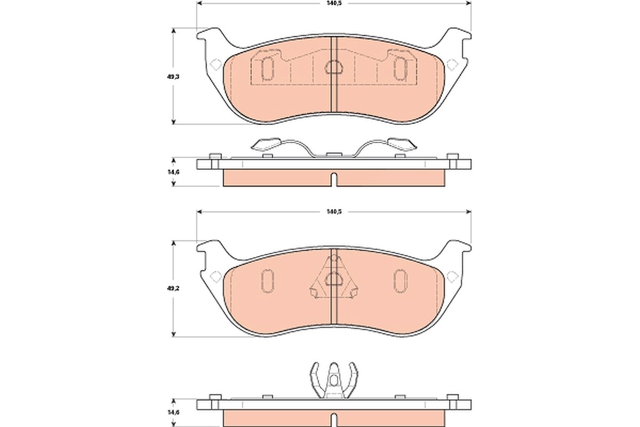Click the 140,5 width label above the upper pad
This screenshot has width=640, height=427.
coord(334,3)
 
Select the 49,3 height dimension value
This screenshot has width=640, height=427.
coord(173,77)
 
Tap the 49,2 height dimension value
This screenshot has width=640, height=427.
coord(173,288)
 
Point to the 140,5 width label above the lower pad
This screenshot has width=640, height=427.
coord(334,212)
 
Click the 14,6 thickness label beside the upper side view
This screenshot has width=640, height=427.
coord(173,172)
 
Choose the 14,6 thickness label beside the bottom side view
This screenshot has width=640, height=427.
coord(173,413)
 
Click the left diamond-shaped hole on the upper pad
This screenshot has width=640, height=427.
coord(215,65)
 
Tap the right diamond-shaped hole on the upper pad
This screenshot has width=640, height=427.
coord(452,65)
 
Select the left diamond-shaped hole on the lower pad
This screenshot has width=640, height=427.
coord(215,276)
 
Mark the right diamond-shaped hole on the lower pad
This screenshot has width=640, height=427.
coord(452,276)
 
